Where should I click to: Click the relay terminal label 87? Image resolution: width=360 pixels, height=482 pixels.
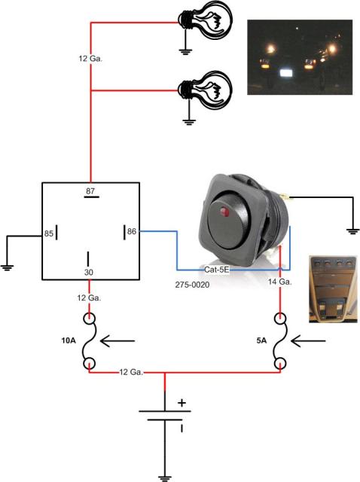[x=90, y=191]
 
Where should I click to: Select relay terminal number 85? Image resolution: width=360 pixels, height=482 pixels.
[x=48, y=233]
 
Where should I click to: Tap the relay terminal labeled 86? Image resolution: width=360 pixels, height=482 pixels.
[x=132, y=231]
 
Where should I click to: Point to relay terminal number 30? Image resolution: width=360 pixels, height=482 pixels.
[x=89, y=273]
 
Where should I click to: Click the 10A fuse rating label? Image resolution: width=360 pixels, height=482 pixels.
[x=69, y=340]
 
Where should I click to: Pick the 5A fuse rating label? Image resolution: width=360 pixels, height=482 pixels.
[x=261, y=340]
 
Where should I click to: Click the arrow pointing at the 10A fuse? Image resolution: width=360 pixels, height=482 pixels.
[x=117, y=341]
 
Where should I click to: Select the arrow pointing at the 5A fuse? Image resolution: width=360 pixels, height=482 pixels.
[x=308, y=341]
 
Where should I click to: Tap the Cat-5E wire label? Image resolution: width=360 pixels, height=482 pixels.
[x=217, y=270]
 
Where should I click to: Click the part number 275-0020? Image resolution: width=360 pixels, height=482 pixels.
[x=192, y=285]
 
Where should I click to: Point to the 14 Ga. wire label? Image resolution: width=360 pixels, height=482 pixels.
[x=279, y=282]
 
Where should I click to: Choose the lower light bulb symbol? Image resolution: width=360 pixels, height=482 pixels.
[x=205, y=90]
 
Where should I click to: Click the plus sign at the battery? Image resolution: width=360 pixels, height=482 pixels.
[x=182, y=403]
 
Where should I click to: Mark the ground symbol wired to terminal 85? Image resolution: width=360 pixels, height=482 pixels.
[x=8, y=267]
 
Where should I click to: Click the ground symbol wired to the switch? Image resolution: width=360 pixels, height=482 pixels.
[x=352, y=232]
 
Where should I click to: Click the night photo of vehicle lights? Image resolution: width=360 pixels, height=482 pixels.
[x=300, y=57]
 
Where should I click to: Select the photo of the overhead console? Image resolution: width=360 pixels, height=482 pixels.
[x=333, y=289]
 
